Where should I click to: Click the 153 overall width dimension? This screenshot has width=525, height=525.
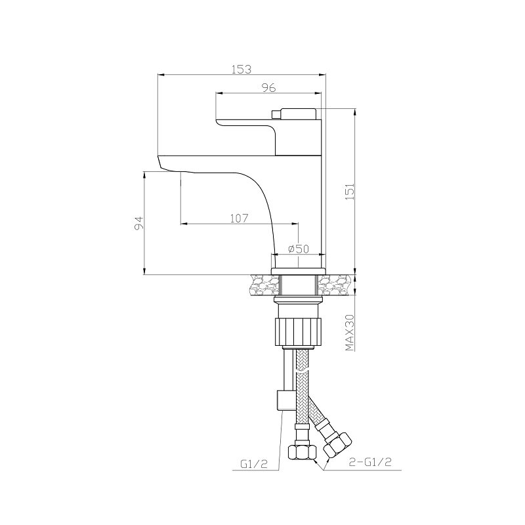(241, 70)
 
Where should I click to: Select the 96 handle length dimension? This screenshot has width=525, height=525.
(269, 87)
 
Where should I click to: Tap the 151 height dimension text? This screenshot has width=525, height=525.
(350, 192)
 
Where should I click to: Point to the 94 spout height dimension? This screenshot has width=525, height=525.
(139, 223)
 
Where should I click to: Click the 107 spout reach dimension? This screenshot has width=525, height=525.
(239, 219)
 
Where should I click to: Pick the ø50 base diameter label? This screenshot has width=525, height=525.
(299, 249)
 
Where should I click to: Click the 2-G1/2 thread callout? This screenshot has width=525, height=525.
(370, 463)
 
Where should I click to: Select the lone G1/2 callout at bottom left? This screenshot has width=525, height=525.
(254, 464)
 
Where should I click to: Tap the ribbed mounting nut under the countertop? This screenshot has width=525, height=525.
(298, 331)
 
